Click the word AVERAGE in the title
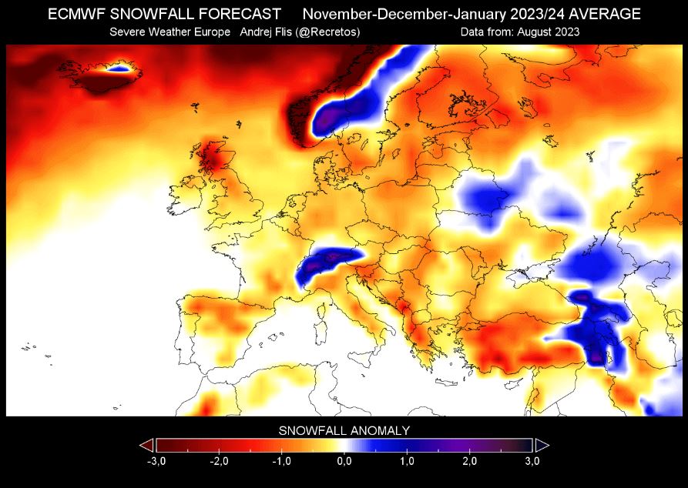click(x=602, y=15)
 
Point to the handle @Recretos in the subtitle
click(x=324, y=32)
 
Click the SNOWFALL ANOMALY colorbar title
click(x=344, y=430)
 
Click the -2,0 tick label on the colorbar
click(x=218, y=460)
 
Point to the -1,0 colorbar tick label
click(x=281, y=460)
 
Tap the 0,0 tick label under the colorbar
click(x=344, y=460)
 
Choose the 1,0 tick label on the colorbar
click(x=408, y=460)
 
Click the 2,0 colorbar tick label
click(x=470, y=460)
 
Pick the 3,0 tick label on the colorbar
click(x=532, y=460)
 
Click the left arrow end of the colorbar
click(x=146, y=445)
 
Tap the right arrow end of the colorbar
click(x=542, y=445)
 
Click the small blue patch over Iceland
click(x=119, y=69)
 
